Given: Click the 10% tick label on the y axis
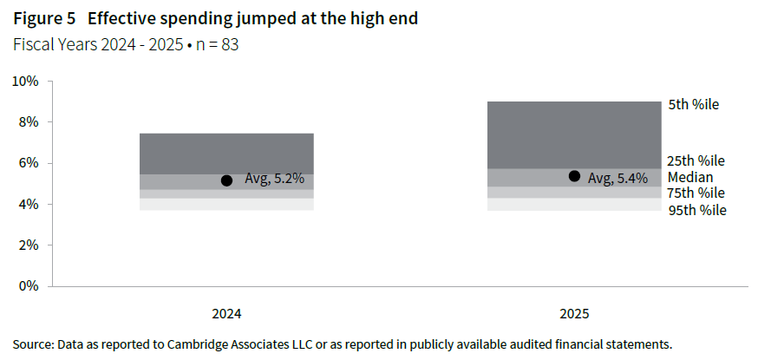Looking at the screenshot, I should point(25,82).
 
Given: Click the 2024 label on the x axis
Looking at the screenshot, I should point(226,313).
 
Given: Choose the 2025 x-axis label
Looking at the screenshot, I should point(574,313).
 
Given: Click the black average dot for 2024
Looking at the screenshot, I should point(226,180).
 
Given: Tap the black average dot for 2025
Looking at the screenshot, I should point(574,176).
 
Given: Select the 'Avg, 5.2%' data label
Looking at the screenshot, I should point(275,180).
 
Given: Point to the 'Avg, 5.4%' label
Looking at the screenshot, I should point(618,178).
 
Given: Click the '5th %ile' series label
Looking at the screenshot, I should point(694,104).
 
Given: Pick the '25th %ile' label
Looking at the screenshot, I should point(696,160).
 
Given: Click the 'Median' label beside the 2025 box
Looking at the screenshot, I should point(690,177).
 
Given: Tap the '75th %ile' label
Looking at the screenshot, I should point(696,193).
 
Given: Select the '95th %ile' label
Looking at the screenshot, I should point(696,210).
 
